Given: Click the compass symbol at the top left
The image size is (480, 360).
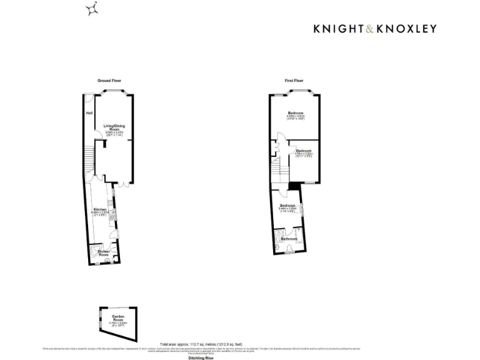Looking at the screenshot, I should click(x=92, y=8).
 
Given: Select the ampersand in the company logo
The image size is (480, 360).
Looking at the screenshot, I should click(x=371, y=28).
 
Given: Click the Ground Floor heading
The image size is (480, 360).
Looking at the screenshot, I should click(x=109, y=81).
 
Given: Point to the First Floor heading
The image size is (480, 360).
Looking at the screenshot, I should click(x=294, y=81).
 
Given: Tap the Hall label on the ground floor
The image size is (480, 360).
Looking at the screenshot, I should click(x=89, y=113).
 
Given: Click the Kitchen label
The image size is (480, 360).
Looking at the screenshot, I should click(x=99, y=209).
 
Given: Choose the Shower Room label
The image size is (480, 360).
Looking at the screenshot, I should click(x=103, y=253).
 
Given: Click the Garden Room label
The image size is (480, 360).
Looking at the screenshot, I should click(x=118, y=318).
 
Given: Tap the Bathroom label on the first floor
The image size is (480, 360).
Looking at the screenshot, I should click(x=289, y=239).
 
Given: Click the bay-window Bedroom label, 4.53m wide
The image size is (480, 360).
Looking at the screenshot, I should click(x=296, y=112).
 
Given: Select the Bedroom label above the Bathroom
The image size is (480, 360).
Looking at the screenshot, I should click(x=287, y=206).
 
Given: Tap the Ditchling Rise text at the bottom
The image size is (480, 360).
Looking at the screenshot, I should click(x=196, y=358).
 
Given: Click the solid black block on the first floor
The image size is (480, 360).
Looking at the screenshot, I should click(x=292, y=186).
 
